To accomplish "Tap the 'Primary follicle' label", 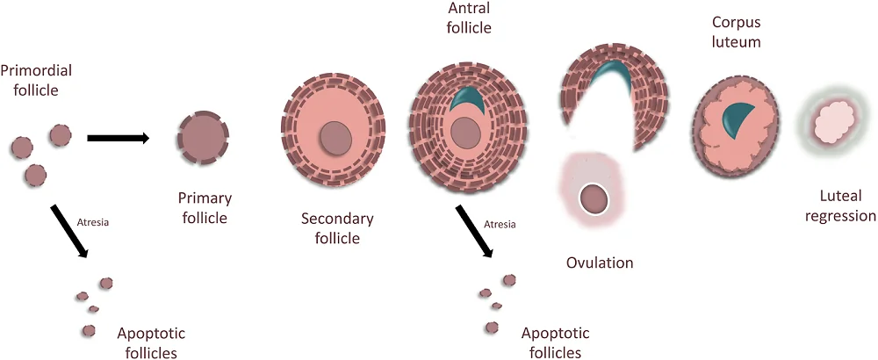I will pyautogui.click(x=203, y=208).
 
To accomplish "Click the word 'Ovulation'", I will pyautogui.click(x=601, y=263).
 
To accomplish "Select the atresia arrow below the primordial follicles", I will pyautogui.click(x=70, y=231).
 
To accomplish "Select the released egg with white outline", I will pyautogui.click(x=594, y=199).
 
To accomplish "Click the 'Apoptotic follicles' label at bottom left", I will pyautogui.click(x=151, y=343).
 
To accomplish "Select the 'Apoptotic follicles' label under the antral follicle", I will pyautogui.click(x=556, y=343).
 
